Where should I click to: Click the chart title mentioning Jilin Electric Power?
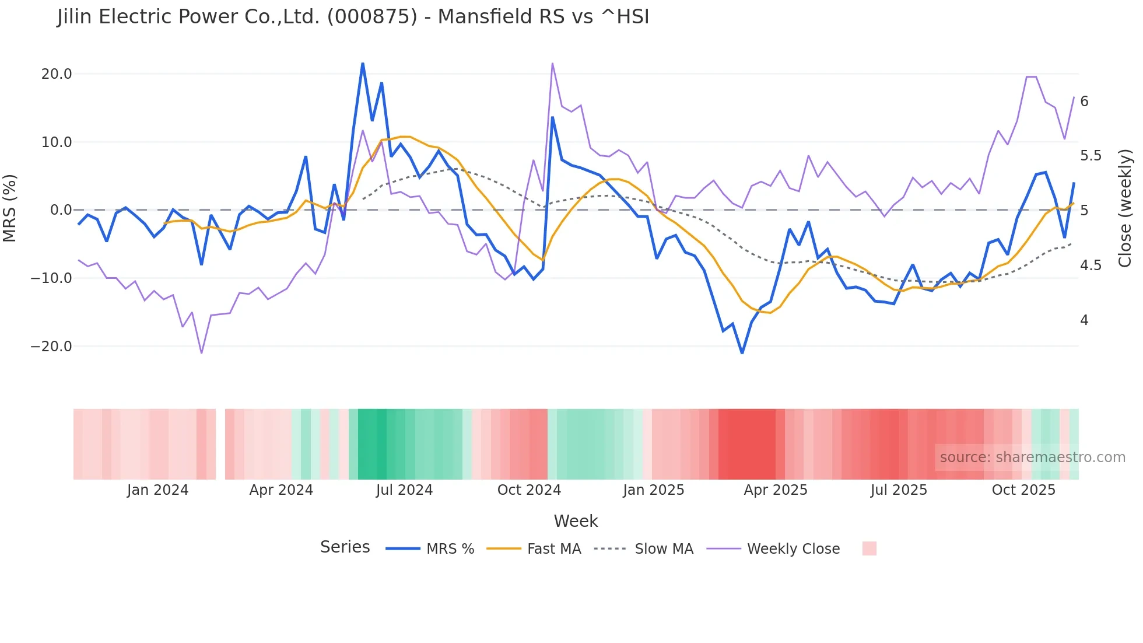click(x=353, y=16)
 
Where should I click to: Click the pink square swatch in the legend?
click(x=869, y=548)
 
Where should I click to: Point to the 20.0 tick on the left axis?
click(x=57, y=74)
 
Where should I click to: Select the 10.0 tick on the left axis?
click(x=57, y=142)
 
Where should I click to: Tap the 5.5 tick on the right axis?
click(x=1091, y=156)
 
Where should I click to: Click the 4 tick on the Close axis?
click(x=1084, y=320)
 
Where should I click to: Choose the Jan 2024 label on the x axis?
click(x=157, y=490)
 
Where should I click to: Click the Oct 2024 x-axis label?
click(x=529, y=490)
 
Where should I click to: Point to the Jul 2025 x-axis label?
click(x=899, y=490)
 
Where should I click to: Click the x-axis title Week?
click(x=576, y=521)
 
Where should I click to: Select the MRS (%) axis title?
click(x=10, y=208)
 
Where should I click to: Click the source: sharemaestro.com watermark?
click(x=1032, y=457)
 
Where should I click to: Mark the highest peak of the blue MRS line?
click(x=363, y=64)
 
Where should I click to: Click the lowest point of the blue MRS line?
click(x=742, y=353)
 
